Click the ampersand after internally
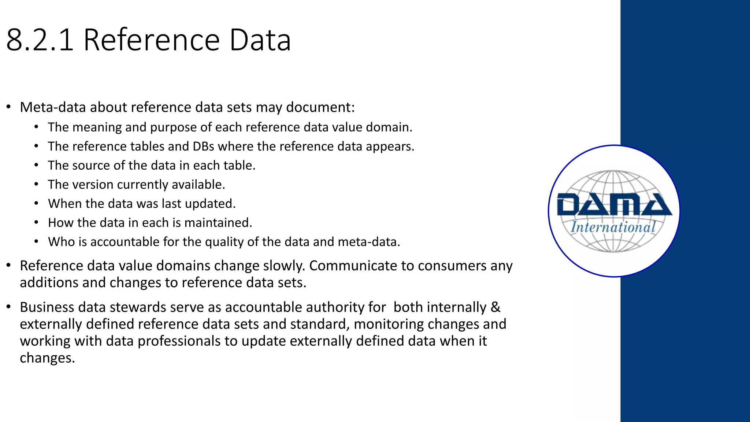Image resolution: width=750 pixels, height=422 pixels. (495, 307)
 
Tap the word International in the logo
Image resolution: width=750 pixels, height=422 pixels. (613, 227)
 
